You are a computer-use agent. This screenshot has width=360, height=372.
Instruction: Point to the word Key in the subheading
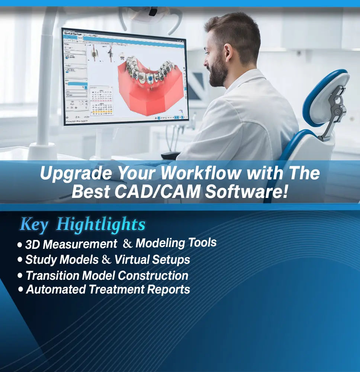(34, 225)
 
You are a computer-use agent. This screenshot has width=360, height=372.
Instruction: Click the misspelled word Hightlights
(101, 225)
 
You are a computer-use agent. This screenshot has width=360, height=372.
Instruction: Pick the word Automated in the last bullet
(55, 289)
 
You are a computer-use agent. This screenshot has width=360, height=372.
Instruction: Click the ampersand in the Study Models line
(106, 260)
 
